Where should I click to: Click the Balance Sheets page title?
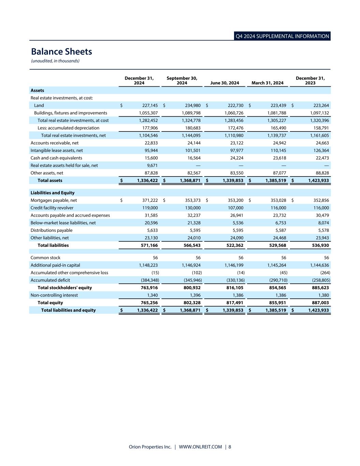[61, 52]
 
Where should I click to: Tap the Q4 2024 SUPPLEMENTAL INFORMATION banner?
[282, 36]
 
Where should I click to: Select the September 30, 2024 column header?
[182, 81]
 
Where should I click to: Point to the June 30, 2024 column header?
[225, 83]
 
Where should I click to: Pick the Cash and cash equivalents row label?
[56, 158]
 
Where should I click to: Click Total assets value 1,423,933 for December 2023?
[318, 181]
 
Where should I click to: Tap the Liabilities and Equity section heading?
[53, 193]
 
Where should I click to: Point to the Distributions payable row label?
[52, 230]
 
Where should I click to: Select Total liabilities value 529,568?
[276, 245]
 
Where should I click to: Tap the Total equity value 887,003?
[318, 303]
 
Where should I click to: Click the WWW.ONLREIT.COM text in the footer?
[200, 447]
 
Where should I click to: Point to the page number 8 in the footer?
[230, 447]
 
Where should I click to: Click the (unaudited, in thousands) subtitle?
[55, 61]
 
